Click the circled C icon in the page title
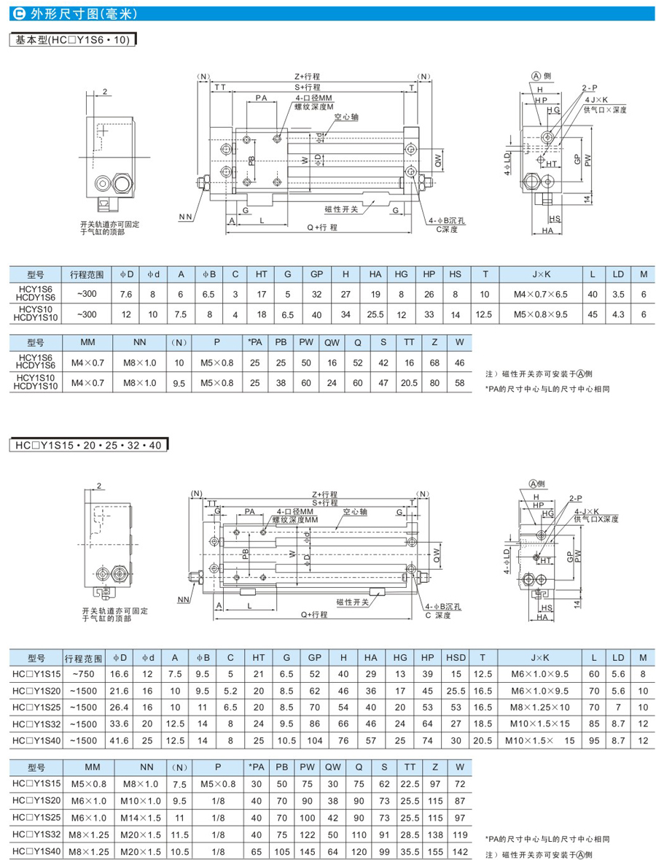pyautogui.click(x=20, y=14)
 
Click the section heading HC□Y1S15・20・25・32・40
pyautogui.click(x=88, y=443)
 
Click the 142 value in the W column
pyautogui.click(x=458, y=852)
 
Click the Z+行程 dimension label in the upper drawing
pyautogui.click(x=307, y=76)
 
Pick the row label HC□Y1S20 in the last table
pyautogui.click(x=37, y=801)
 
